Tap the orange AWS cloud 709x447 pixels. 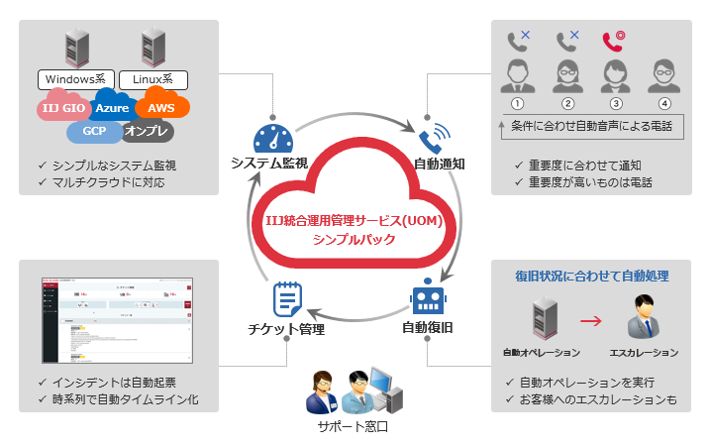click(x=161, y=105)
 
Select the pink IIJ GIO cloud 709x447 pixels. click(x=64, y=107)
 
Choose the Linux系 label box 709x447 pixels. click(x=152, y=79)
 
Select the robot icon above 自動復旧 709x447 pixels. click(x=429, y=299)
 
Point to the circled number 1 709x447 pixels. click(x=516, y=103)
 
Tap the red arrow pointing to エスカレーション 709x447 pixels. click(x=591, y=320)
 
